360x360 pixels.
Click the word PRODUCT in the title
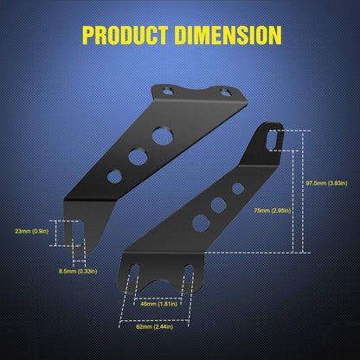[x=125, y=35]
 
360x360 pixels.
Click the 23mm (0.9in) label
[x=32, y=231]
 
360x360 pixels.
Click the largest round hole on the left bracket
[x=161, y=136]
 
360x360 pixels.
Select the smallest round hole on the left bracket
[x=114, y=176]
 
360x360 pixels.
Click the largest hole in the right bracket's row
[x=199, y=222]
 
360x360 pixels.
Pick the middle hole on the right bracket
[x=219, y=205]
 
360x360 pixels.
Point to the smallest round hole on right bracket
[x=237, y=188]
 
